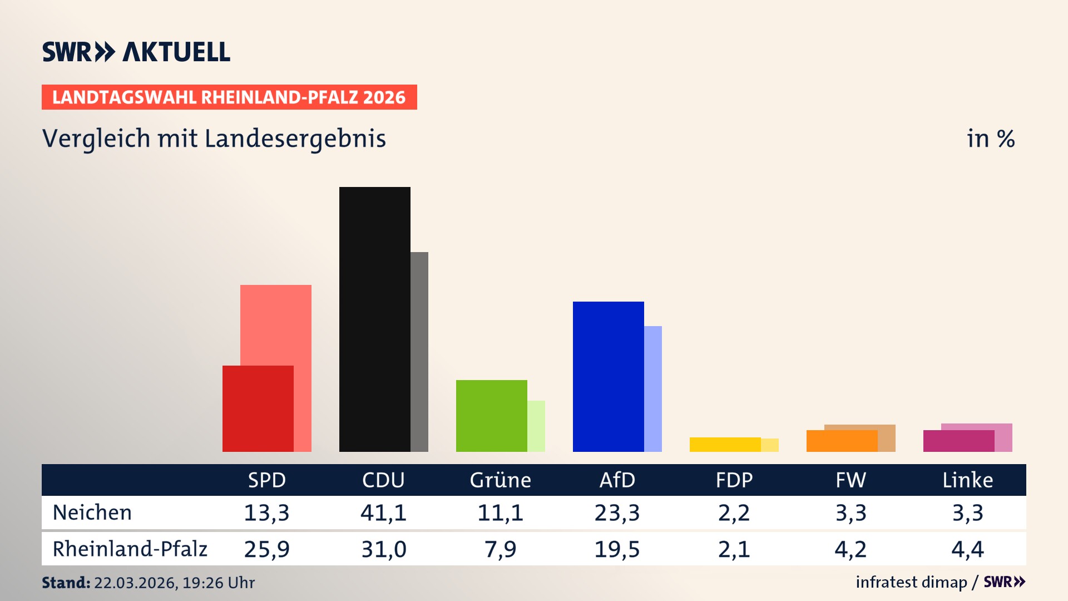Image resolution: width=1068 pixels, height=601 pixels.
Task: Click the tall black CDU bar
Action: (x=374, y=319)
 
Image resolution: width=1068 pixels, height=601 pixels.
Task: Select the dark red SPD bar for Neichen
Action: (x=258, y=408)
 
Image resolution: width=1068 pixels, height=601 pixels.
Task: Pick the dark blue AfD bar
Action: (x=608, y=376)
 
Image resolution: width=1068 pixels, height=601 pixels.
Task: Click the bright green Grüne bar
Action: (x=491, y=416)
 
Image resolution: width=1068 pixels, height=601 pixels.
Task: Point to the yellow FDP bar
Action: (x=725, y=445)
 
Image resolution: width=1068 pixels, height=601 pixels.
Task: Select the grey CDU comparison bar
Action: (x=419, y=352)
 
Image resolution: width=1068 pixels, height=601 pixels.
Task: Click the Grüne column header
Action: (x=500, y=480)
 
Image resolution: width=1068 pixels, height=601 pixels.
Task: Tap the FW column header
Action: (x=851, y=480)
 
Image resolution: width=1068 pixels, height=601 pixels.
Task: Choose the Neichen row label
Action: (x=92, y=513)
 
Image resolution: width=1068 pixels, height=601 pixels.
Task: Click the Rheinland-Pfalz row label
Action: (x=130, y=549)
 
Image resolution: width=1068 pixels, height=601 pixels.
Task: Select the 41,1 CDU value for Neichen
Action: (x=383, y=513)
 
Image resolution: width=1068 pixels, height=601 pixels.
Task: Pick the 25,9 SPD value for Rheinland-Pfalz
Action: (x=266, y=549)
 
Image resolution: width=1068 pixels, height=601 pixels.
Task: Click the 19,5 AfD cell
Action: (x=617, y=549)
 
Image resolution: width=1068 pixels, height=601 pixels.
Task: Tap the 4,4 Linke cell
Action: (x=967, y=549)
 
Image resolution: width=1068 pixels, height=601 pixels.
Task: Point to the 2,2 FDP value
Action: (x=734, y=513)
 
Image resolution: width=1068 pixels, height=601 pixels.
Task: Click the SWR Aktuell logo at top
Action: (x=136, y=52)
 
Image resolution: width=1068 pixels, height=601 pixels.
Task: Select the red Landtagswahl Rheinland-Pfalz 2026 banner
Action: (x=229, y=97)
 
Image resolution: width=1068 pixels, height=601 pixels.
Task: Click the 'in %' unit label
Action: (x=990, y=139)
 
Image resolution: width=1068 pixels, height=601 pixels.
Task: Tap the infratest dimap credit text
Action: (x=911, y=582)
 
